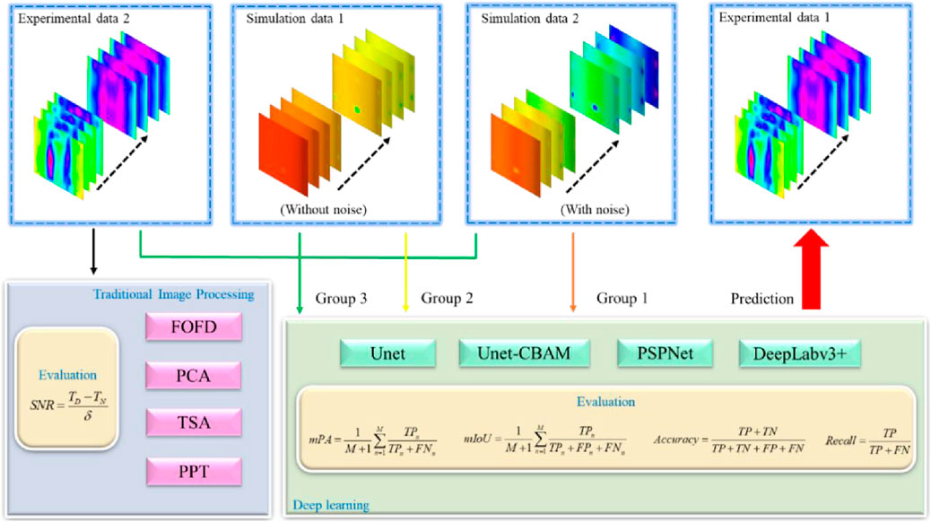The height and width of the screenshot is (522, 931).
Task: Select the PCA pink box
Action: pyautogui.click(x=194, y=375)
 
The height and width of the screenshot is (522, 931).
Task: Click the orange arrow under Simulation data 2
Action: pyautogui.click(x=572, y=269)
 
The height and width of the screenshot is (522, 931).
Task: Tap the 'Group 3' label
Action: pyautogui.click(x=343, y=298)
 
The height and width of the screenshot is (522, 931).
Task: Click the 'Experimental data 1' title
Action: pyautogui.click(x=770, y=18)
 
